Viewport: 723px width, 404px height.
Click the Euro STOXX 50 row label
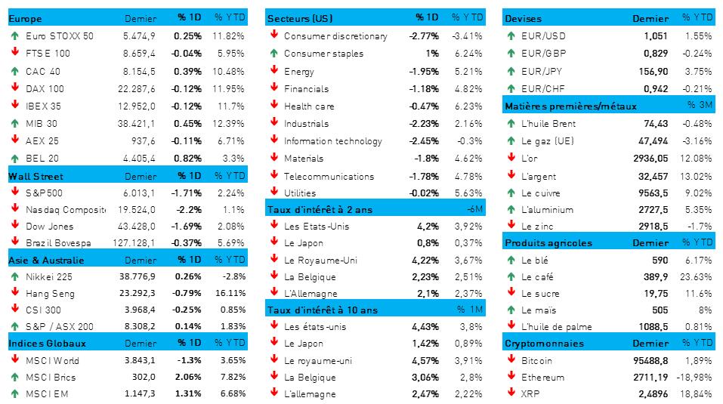[x=59, y=35]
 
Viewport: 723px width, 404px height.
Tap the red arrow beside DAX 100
[x=14, y=88]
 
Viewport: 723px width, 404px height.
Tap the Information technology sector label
[x=333, y=141]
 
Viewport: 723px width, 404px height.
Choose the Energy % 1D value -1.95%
[x=423, y=71]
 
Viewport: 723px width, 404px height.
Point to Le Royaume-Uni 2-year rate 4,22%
[x=428, y=261]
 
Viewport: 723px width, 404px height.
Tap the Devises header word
[x=523, y=18]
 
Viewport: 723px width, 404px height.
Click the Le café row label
[x=537, y=276]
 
